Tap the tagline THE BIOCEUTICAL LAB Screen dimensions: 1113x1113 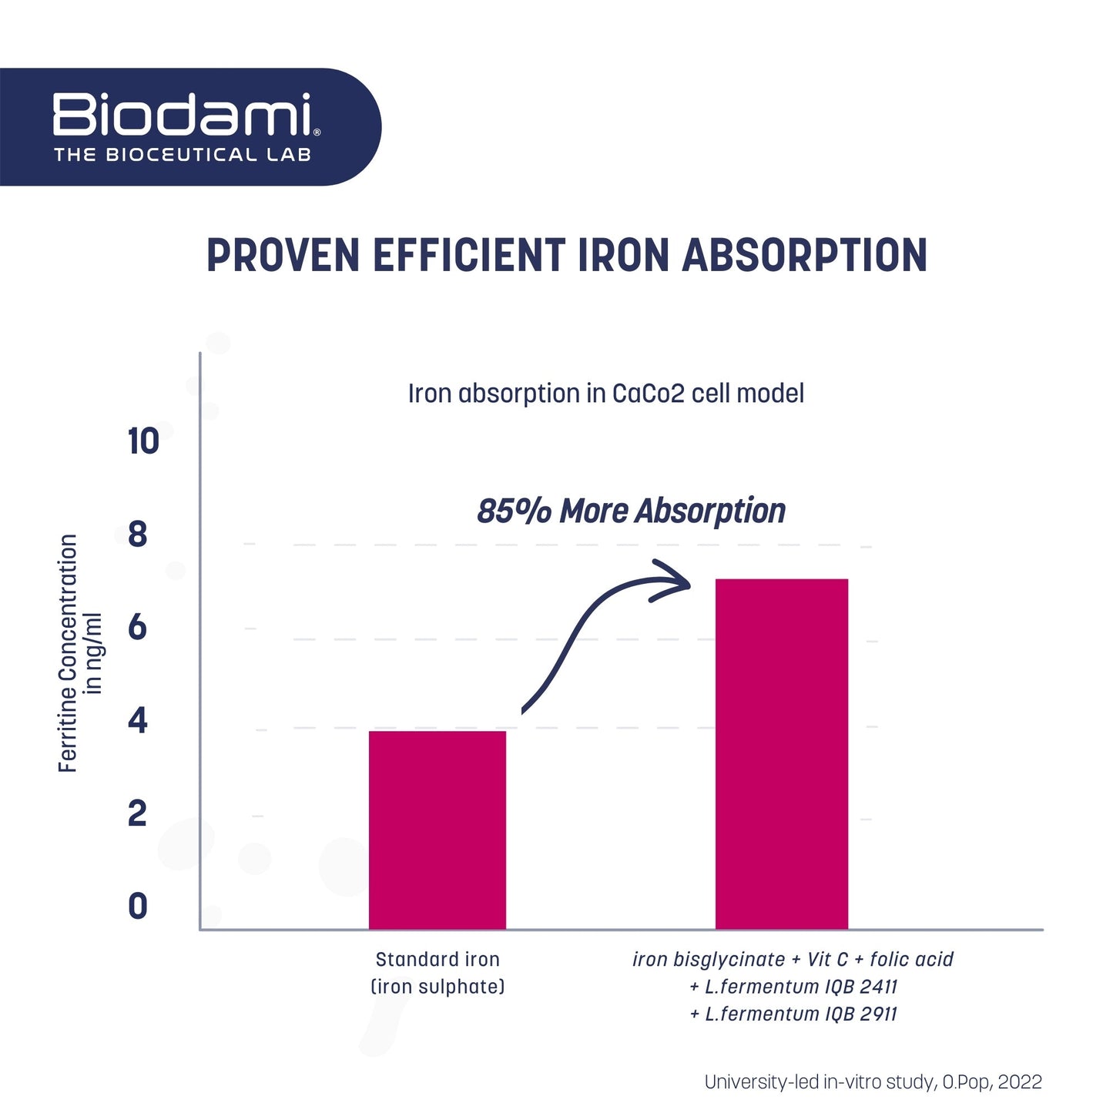pos(183,155)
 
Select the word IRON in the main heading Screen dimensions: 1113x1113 pos(624,256)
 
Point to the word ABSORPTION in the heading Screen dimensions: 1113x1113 pos(804,256)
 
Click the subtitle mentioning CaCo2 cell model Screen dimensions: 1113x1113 pos(605,394)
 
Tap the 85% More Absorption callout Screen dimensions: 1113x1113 pos(631,511)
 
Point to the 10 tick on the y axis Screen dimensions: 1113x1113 pos(143,442)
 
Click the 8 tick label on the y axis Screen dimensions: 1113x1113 pos(138,535)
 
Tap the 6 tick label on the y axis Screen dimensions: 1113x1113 pos(138,628)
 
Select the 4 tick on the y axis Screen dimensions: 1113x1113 pos(138,721)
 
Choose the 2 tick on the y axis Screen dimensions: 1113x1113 pos(138,813)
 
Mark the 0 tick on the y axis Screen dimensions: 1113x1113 pos(138,907)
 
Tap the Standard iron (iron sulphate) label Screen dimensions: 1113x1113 pos(437,973)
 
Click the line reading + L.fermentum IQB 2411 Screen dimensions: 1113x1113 pos(793,987)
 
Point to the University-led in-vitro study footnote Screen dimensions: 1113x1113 pos(873,1082)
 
